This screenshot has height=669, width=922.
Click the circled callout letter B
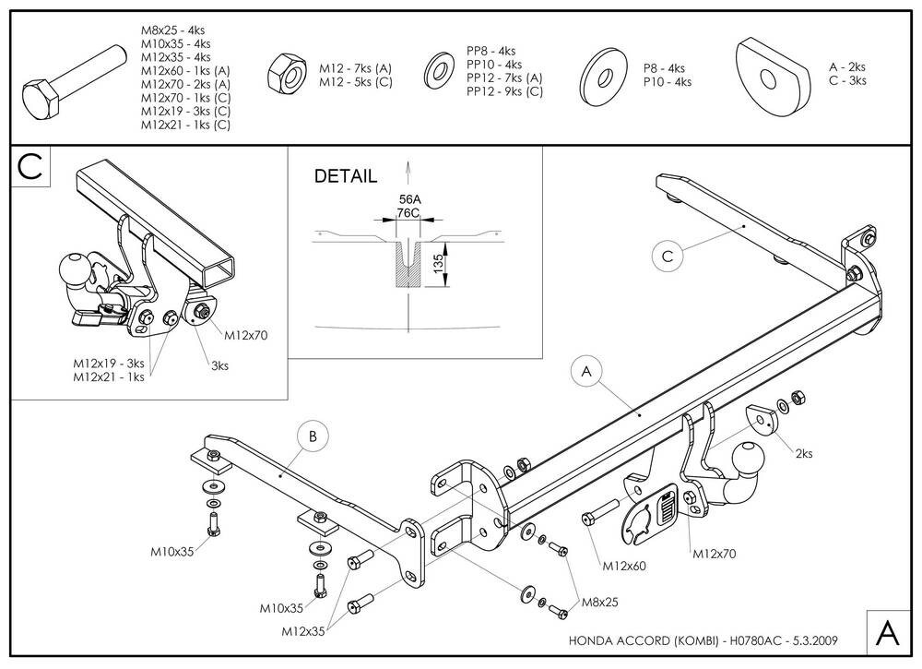(313, 436)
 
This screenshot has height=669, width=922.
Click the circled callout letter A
(586, 371)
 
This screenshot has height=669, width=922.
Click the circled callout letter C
(668, 257)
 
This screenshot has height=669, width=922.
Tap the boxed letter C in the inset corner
(30, 166)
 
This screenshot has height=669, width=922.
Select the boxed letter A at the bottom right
(887, 633)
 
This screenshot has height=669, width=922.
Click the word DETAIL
(346, 176)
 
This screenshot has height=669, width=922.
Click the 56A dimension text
(410, 199)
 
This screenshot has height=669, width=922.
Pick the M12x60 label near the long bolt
(624, 566)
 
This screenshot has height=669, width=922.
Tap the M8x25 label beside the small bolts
(600, 602)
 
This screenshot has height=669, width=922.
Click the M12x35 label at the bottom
(302, 631)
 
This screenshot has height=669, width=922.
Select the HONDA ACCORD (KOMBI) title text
(644, 640)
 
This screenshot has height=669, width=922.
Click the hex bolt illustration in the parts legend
(74, 80)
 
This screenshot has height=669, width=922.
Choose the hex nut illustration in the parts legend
(287, 73)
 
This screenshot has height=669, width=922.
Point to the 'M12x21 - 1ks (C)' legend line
(185, 125)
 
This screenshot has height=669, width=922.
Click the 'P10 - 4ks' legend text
(668, 82)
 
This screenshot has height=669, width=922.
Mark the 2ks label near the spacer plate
(804, 453)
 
